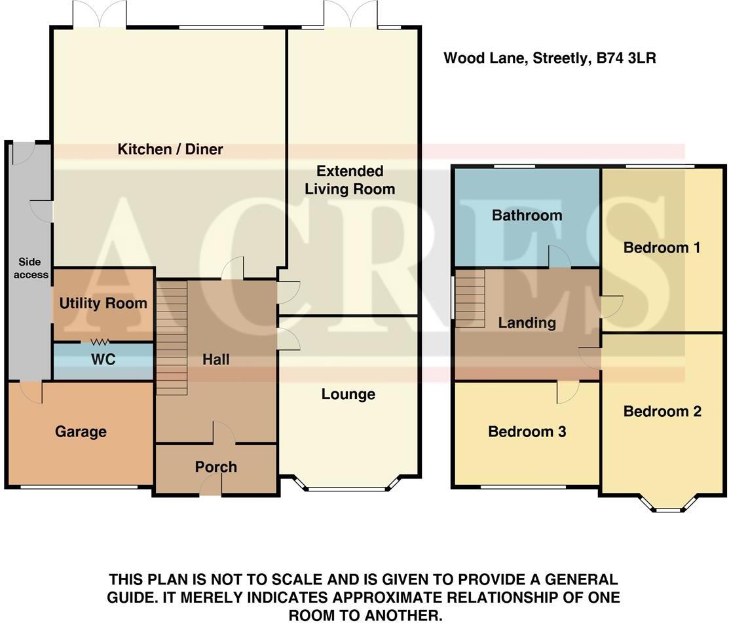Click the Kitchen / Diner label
click(170, 149)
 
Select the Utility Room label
click(103, 304)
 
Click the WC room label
click(103, 360)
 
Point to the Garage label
click(81, 432)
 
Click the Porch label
click(215, 467)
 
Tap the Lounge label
click(348, 394)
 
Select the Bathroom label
click(527, 215)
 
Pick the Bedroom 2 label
click(662, 411)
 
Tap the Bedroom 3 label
click(527, 432)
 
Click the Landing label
click(527, 323)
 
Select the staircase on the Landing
click(469, 298)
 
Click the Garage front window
click(80, 488)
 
